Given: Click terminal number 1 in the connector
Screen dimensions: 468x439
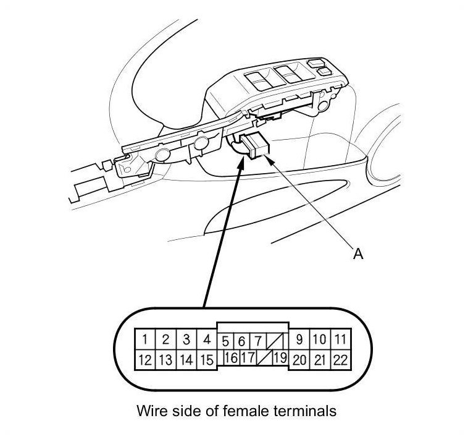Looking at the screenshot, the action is [144, 339].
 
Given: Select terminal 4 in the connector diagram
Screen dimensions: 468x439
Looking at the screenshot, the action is [207, 339].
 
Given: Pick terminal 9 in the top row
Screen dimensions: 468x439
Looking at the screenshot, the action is [299, 339].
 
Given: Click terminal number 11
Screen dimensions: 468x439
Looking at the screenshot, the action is [340, 339].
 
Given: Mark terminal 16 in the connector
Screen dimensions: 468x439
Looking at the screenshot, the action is [230, 357].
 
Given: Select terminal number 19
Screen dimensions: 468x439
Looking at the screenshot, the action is [280, 357].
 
